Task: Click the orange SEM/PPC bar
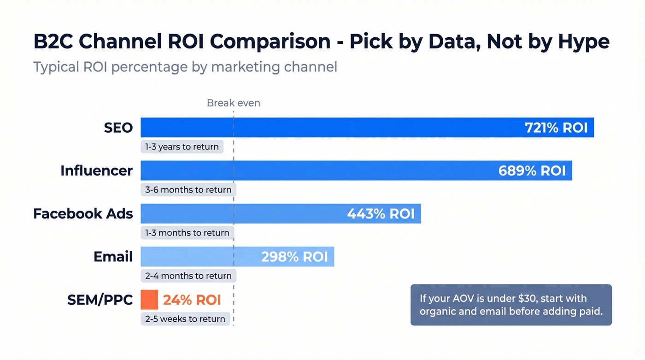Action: point(149,300)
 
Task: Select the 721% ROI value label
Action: point(556,128)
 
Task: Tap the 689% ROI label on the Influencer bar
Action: point(532,171)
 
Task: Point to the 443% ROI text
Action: point(381,214)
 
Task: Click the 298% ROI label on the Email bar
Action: point(294,257)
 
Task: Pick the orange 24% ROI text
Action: point(192,300)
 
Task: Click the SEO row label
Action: point(118,128)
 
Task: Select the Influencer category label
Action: point(96,171)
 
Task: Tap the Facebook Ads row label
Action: point(83,214)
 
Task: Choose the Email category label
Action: point(113,257)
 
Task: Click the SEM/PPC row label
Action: point(100,300)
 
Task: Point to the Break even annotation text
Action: point(233,103)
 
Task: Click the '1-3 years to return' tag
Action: point(182,147)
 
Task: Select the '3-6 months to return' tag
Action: point(188,190)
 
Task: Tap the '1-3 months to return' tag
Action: point(187,233)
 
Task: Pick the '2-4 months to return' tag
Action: point(188,276)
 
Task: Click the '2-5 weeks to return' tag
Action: point(185,319)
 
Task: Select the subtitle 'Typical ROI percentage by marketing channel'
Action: point(185,67)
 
